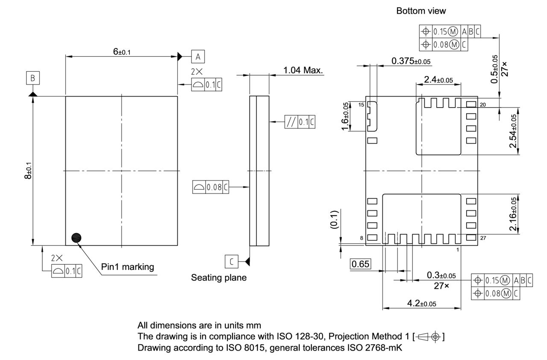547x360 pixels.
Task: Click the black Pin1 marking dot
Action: (76, 238)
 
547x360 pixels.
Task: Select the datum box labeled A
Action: (197, 56)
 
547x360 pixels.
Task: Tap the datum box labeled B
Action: (33, 78)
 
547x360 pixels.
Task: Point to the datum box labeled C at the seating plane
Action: (231, 260)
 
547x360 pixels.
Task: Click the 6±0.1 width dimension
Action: (122, 52)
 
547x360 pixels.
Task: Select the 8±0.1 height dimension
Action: (28, 170)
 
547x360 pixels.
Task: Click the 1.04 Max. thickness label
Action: (303, 70)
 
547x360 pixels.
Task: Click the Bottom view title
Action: (421, 11)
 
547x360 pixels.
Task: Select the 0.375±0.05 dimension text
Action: (411, 61)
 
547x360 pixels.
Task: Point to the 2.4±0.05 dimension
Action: (438, 79)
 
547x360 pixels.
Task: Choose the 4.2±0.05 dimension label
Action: (421, 303)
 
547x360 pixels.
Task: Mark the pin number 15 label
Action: (361, 105)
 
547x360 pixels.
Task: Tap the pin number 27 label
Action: (483, 238)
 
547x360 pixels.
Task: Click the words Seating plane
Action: (218, 278)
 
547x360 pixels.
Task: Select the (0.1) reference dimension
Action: (337, 220)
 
